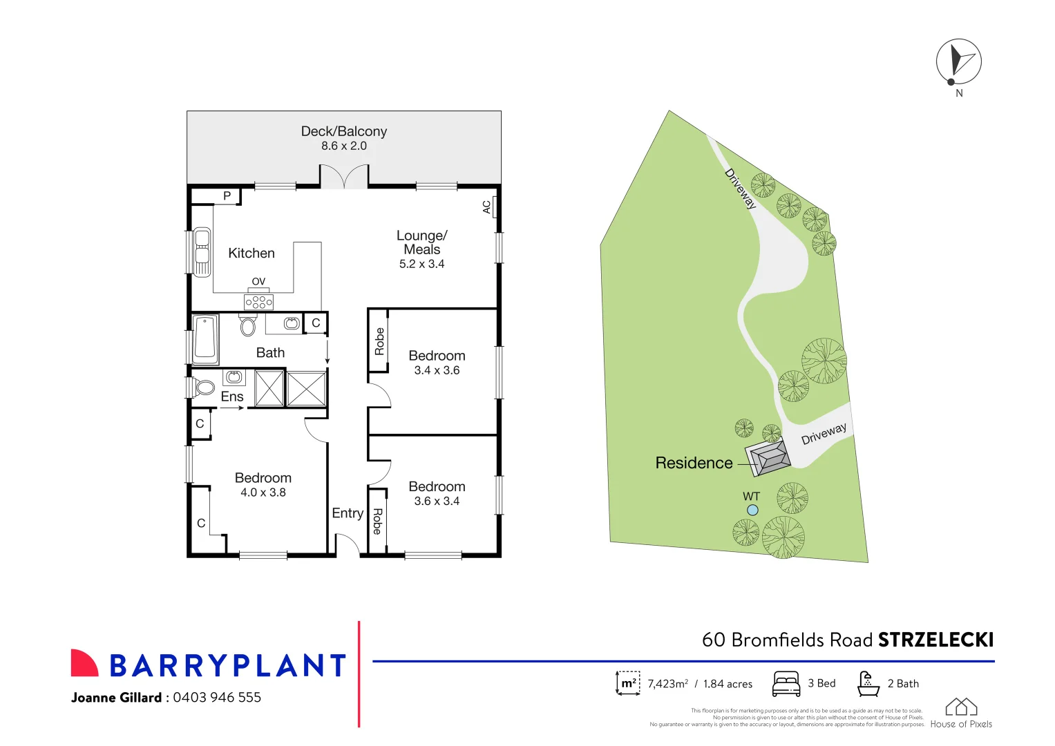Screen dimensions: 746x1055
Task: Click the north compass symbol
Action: click(x=958, y=61)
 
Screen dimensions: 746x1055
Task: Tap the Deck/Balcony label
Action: click(x=343, y=131)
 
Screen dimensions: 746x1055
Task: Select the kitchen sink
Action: click(x=202, y=252)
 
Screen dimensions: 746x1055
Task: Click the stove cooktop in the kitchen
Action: click(x=258, y=302)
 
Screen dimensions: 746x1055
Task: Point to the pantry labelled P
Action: click(x=227, y=196)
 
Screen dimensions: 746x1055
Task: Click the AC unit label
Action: click(x=487, y=207)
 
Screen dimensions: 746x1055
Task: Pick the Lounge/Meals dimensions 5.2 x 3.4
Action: click(x=421, y=264)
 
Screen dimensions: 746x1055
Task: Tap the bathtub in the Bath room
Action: click(x=205, y=338)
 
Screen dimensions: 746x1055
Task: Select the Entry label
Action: click(x=348, y=513)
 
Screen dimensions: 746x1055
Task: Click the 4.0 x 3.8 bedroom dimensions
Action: click(x=263, y=492)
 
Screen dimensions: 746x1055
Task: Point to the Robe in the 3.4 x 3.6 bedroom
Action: click(x=379, y=341)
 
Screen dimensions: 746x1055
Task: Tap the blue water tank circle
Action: click(x=752, y=510)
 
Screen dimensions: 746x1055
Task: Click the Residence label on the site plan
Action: click(x=694, y=463)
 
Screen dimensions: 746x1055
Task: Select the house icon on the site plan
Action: click(x=768, y=458)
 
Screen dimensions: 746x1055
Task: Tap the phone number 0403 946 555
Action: click(x=217, y=697)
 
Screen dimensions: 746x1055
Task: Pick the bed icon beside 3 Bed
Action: click(x=786, y=683)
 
